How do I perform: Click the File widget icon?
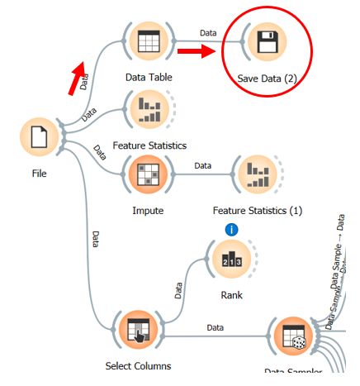click(x=40, y=137)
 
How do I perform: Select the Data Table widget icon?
click(x=149, y=41)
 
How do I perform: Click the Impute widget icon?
click(x=148, y=174)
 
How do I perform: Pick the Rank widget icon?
click(x=233, y=258)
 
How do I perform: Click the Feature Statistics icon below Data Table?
click(x=149, y=108)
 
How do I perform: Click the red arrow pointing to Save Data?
click(x=197, y=54)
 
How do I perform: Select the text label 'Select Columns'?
click(x=138, y=365)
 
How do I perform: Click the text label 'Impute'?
click(x=148, y=210)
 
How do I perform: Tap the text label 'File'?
click(x=40, y=174)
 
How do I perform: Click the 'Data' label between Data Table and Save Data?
click(x=208, y=32)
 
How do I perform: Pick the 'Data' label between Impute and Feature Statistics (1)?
click(x=202, y=165)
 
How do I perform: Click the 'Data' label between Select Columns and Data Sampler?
click(x=216, y=328)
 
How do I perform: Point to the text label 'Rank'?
click(x=233, y=294)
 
